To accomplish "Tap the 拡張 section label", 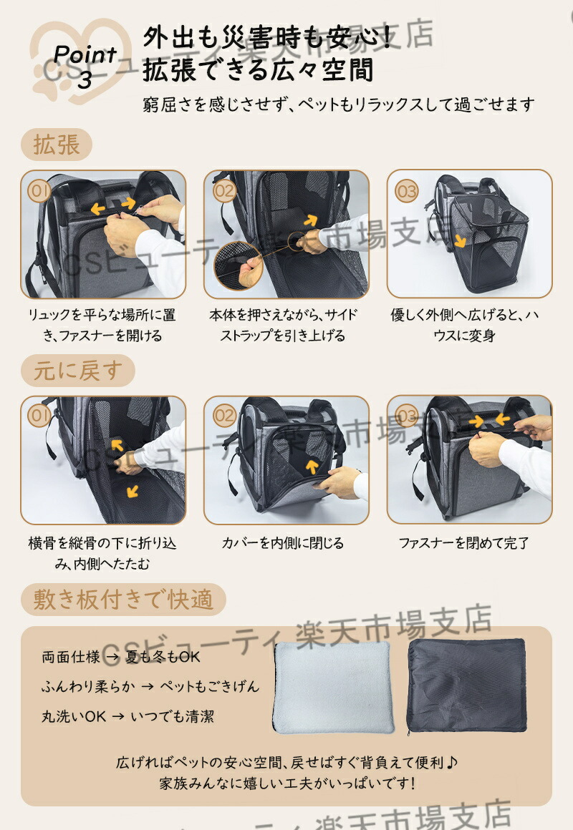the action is [x=56, y=145].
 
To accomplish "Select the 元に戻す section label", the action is [x=78, y=371].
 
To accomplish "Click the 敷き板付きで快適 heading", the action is [x=123, y=600].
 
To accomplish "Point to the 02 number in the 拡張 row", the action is [x=223, y=190].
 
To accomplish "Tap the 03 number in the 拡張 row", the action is [x=407, y=190].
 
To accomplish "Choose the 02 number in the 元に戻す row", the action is [x=223, y=416].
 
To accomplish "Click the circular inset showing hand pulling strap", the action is [x=239, y=266].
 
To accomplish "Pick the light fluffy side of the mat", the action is [x=333, y=687].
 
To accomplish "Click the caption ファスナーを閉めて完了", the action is [x=464, y=543].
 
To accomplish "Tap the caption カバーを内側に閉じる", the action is [x=282, y=543].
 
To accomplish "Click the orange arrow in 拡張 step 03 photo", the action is [x=460, y=241].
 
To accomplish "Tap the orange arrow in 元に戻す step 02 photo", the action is [x=312, y=466].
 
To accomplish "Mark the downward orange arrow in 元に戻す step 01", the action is [x=132, y=492].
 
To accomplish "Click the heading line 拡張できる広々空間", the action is [x=258, y=70].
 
